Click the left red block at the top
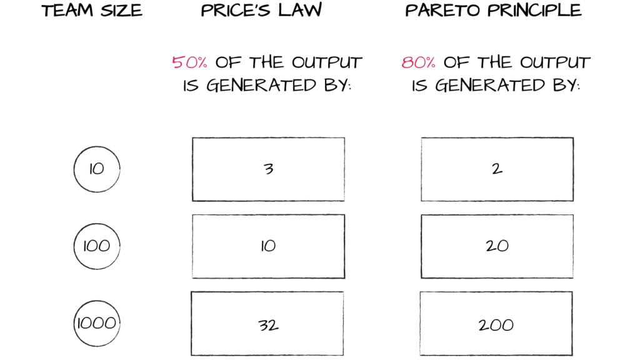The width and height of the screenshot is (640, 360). pyautogui.click(x=194, y=62)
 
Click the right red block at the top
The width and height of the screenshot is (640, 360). pyautogui.click(x=423, y=62)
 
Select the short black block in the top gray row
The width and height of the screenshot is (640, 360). pyautogui.click(x=104, y=168)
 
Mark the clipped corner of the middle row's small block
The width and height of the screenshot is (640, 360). pyautogui.click(x=114, y=259)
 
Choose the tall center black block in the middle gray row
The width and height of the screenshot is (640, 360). pyautogui.click(x=302, y=257)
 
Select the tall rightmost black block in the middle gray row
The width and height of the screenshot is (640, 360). pyautogui.click(x=529, y=257)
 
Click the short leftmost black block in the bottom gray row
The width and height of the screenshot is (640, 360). pyautogui.click(x=98, y=324)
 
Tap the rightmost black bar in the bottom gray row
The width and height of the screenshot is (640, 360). pyautogui.click(x=525, y=325)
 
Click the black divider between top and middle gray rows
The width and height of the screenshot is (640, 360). pyautogui.click(x=320, y=207)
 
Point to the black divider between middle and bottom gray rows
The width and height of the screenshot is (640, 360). pyautogui.click(x=320, y=284)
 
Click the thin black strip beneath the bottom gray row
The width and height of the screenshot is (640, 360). pyautogui.click(x=320, y=358)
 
